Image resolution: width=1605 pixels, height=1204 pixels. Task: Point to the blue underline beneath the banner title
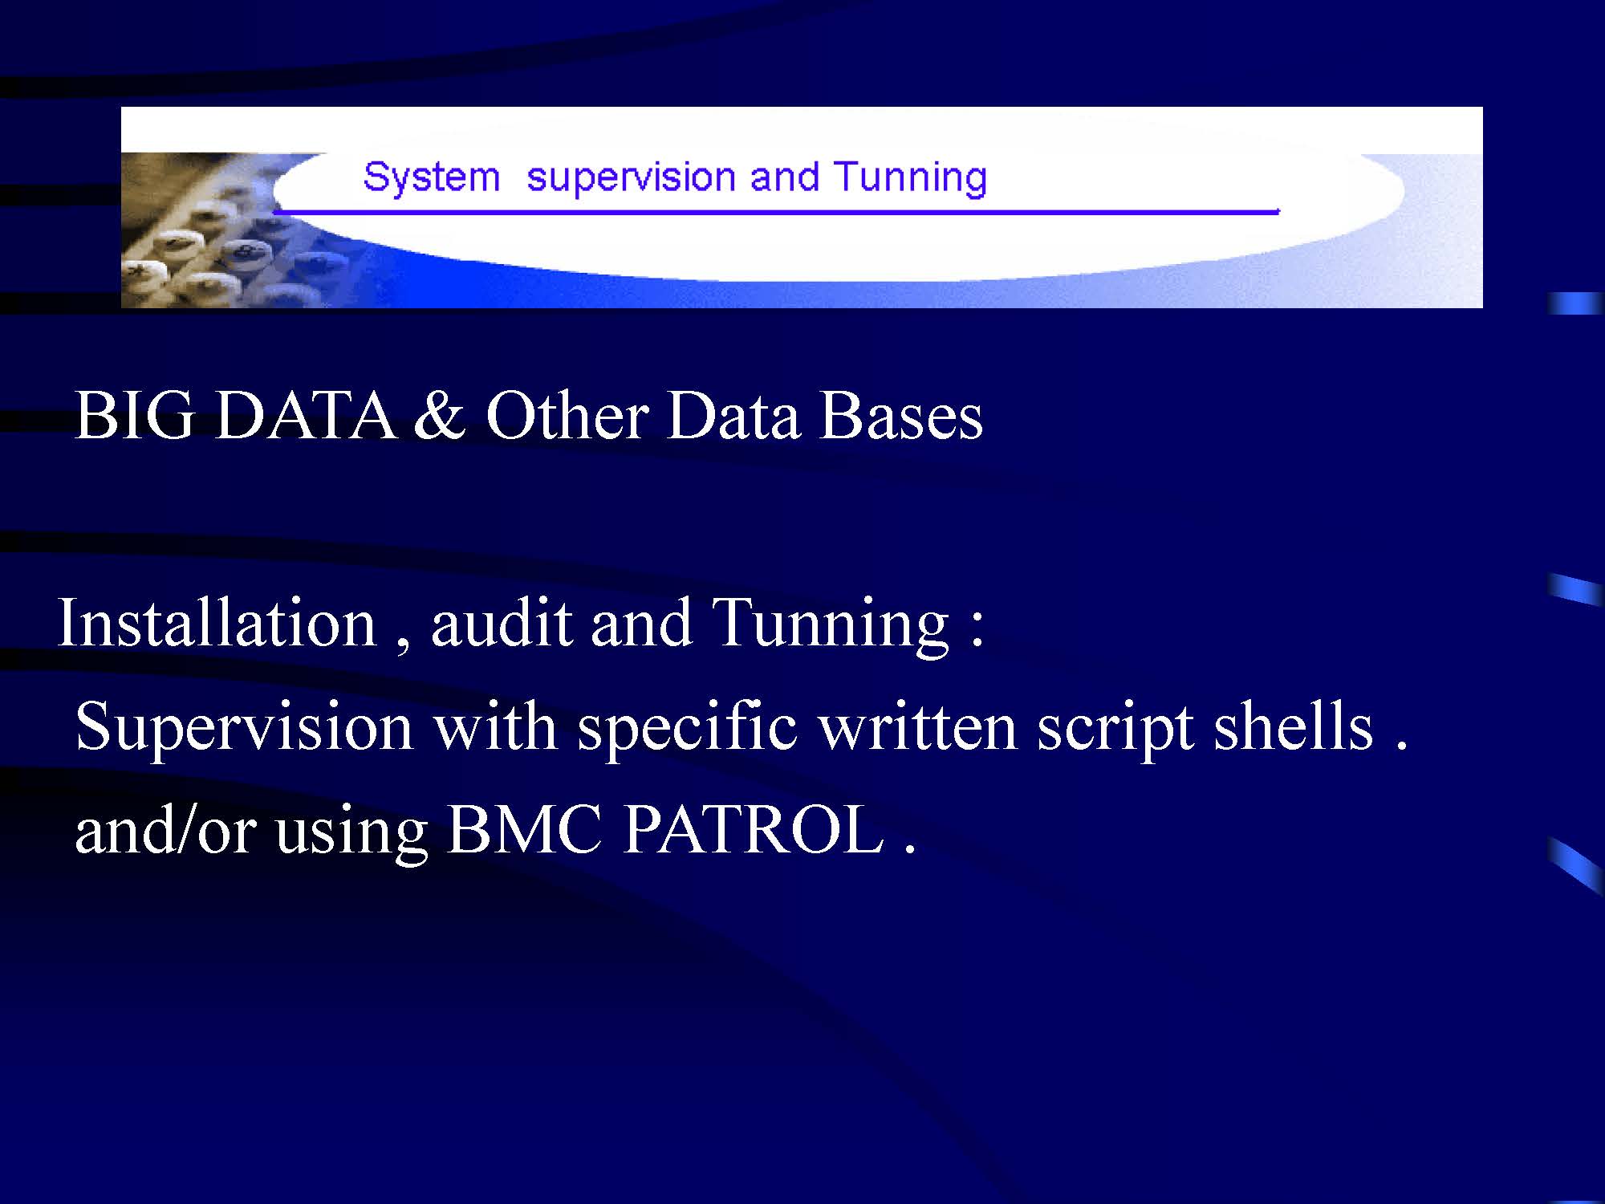click(x=776, y=212)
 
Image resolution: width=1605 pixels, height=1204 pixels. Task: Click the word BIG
click(x=134, y=416)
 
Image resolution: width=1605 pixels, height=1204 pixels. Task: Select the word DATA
click(x=305, y=416)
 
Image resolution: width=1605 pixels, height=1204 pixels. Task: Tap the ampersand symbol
click(x=440, y=416)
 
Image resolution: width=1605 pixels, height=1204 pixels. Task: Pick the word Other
click(x=567, y=416)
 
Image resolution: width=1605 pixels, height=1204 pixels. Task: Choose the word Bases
click(x=901, y=416)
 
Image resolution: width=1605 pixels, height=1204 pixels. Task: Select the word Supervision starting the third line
click(x=244, y=726)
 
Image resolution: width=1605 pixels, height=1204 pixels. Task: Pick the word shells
click(x=1293, y=726)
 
